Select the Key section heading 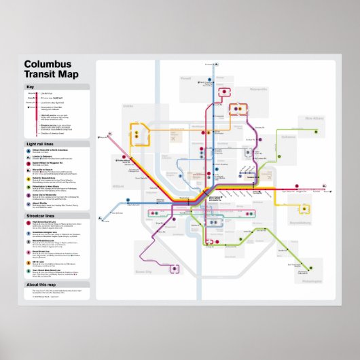click(x=30, y=87)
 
